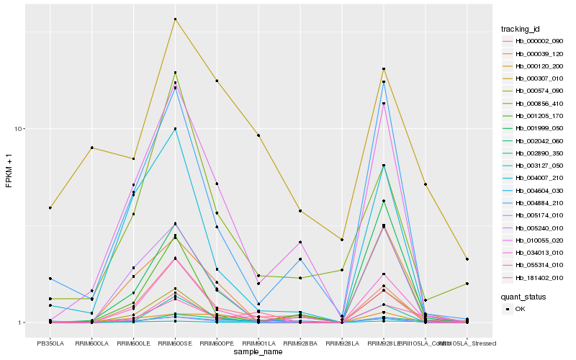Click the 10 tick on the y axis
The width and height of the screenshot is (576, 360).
point(21,129)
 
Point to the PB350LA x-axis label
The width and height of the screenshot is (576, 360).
point(50,343)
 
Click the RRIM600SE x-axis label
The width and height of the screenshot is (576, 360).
point(175,343)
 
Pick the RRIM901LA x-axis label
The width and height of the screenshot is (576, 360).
point(258,343)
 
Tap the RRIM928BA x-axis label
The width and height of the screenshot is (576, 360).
point(300,343)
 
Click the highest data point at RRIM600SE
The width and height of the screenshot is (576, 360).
point(175,19)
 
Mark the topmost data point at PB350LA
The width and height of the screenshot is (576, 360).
point(50,208)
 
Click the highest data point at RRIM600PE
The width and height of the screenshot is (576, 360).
point(217,81)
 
